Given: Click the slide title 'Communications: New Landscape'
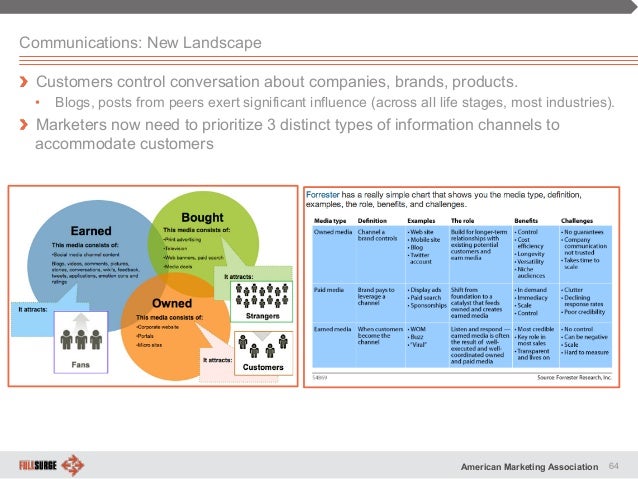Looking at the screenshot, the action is pos(140,43).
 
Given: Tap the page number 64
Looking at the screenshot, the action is pos(615,465).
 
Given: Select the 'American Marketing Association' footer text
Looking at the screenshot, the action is pos(531,466).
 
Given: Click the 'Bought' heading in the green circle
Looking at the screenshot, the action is pos(202,217).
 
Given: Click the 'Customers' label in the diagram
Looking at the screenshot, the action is pos(263,368).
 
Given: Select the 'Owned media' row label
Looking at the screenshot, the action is pos(334,230).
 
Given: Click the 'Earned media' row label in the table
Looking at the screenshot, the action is pos(334,329).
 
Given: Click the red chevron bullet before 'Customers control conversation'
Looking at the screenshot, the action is pos(26,81).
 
